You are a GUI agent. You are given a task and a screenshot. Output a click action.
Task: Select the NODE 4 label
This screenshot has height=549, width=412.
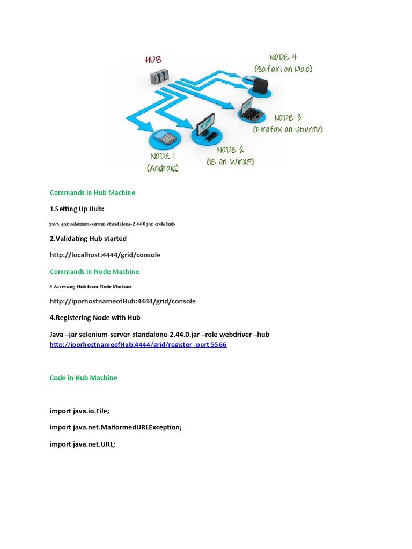click(283, 57)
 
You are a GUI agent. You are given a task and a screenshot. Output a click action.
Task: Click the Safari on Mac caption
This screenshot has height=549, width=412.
click(283, 69)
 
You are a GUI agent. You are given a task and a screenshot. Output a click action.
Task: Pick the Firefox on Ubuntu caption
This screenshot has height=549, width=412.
click(288, 129)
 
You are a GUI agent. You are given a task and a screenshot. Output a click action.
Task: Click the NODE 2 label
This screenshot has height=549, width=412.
click(230, 150)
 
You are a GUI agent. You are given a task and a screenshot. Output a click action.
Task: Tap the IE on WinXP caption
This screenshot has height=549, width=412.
click(230, 161)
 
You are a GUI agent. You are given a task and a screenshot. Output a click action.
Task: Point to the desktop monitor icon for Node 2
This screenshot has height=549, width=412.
click(205, 127)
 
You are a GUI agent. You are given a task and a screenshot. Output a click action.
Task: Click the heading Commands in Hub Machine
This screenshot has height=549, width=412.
click(92, 192)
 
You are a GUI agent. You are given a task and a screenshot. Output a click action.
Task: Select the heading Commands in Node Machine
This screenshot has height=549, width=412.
click(94, 272)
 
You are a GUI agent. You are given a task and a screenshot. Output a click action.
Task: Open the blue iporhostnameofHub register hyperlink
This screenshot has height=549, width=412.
click(138, 345)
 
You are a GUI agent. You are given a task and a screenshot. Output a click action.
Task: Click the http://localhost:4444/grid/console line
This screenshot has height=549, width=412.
click(105, 255)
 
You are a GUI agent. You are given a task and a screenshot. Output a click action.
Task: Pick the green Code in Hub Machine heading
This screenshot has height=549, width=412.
click(83, 378)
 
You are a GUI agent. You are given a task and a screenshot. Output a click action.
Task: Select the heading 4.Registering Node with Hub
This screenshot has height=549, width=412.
click(95, 318)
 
